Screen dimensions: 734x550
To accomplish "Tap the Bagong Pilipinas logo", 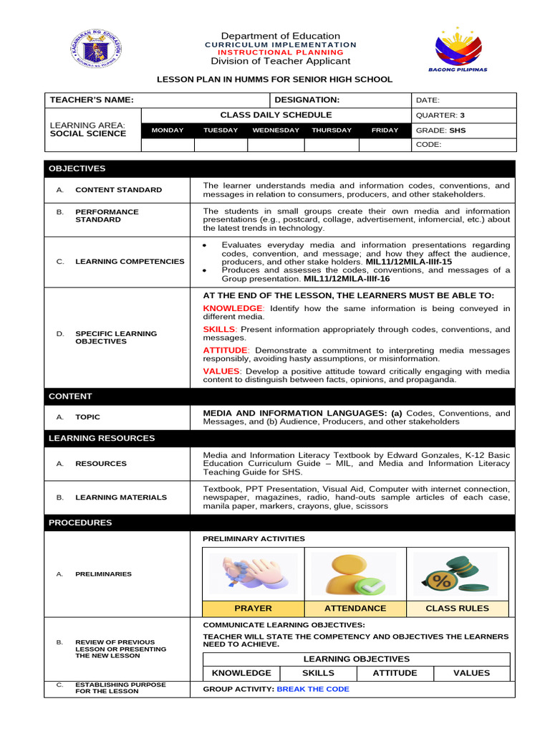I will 458,49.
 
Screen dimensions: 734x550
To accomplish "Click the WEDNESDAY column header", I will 276,130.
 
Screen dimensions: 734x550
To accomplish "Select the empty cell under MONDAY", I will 168,145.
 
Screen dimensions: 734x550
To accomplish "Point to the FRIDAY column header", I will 384,130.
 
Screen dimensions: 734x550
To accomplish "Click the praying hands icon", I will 254,575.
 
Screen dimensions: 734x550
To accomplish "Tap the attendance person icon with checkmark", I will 355,575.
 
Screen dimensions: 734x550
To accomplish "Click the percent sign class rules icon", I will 457,576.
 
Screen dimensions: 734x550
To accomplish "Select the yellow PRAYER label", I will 254,609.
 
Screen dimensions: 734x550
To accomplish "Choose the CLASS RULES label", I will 457,609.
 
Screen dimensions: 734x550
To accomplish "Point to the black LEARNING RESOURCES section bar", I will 279,438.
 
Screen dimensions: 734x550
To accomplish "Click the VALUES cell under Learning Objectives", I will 472,673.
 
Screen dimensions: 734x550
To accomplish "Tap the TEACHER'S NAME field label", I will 91,100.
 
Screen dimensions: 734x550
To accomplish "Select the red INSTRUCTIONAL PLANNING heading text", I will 280,53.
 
